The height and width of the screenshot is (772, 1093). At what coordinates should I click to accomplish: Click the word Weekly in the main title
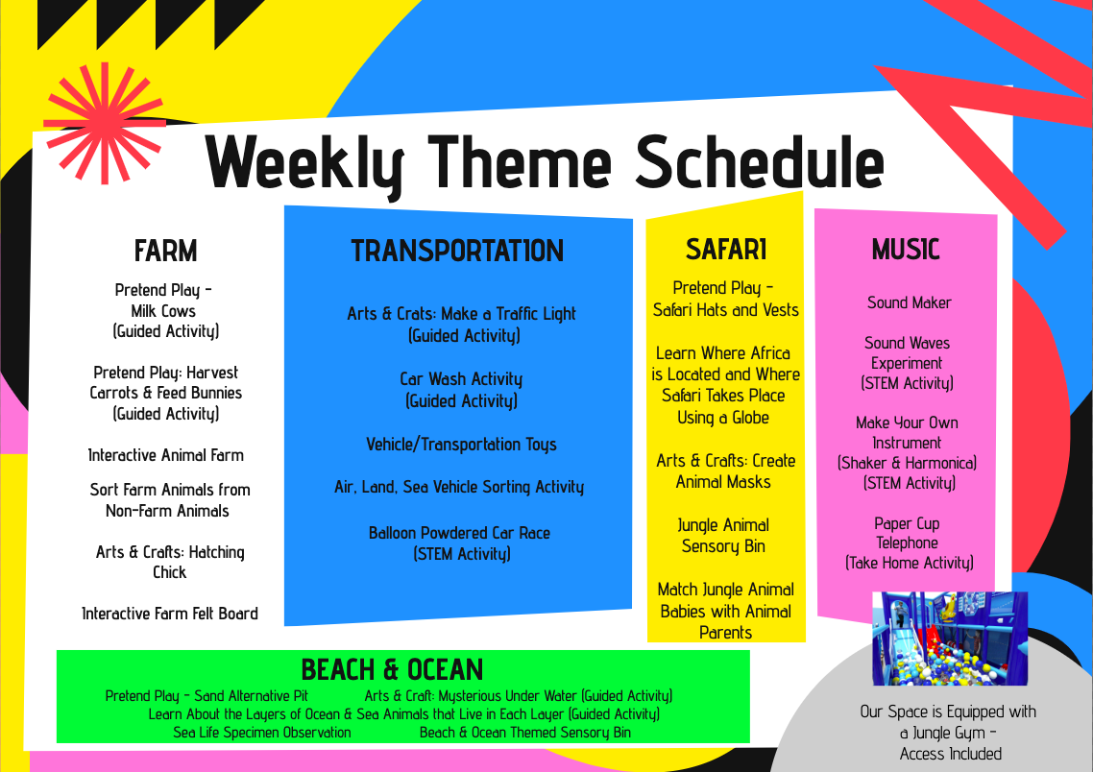tap(304, 164)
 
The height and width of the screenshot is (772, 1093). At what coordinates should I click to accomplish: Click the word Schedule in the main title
tap(760, 161)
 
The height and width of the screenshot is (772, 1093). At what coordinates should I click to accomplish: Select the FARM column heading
tap(166, 251)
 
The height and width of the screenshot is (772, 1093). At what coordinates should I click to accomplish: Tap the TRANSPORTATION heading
tap(457, 251)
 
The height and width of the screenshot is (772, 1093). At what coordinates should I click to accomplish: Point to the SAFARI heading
tap(726, 250)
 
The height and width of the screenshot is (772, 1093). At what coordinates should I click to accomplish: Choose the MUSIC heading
tap(906, 250)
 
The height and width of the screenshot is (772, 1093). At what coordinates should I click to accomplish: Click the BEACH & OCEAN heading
tap(392, 669)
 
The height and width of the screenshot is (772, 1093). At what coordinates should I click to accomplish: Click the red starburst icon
tap(105, 123)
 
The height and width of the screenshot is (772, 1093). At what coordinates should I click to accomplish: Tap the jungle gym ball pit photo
tap(949, 639)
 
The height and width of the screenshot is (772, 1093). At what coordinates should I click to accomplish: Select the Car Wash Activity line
tap(461, 379)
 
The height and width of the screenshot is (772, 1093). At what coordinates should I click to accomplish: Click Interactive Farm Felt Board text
tap(170, 614)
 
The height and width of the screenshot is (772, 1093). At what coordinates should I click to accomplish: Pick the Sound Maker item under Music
tap(909, 303)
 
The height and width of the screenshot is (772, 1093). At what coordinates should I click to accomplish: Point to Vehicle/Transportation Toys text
tap(461, 445)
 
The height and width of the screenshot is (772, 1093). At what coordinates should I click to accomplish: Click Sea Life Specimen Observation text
tap(262, 733)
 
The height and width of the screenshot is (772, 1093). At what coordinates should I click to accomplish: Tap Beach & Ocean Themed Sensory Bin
tap(525, 733)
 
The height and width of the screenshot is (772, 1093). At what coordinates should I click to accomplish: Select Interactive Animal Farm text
tap(166, 456)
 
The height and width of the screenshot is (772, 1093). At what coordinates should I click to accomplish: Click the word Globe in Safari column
tap(750, 418)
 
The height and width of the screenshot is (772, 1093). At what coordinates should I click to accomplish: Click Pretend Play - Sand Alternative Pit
tap(206, 696)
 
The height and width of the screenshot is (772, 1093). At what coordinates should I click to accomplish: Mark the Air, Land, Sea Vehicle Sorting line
tap(459, 487)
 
